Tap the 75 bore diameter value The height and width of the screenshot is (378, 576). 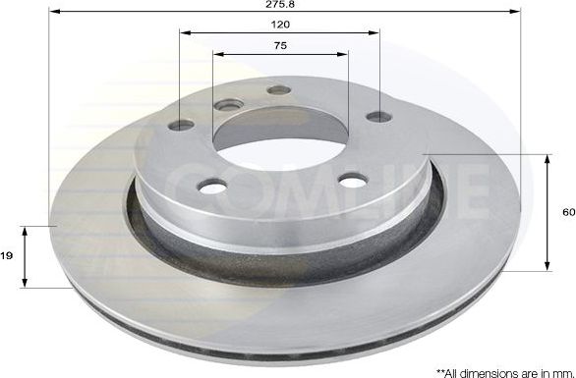pyautogui.click(x=280, y=46)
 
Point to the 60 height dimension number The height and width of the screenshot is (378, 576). pyautogui.click(x=567, y=212)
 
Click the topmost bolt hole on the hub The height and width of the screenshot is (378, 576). pyautogui.click(x=279, y=90)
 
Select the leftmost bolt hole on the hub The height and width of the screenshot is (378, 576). pyautogui.click(x=182, y=125)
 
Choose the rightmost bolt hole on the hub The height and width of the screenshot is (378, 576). pyautogui.click(x=378, y=118)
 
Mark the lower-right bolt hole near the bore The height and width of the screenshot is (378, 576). pyautogui.click(x=351, y=179)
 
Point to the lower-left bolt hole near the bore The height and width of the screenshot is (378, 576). pyautogui.click(x=210, y=185)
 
